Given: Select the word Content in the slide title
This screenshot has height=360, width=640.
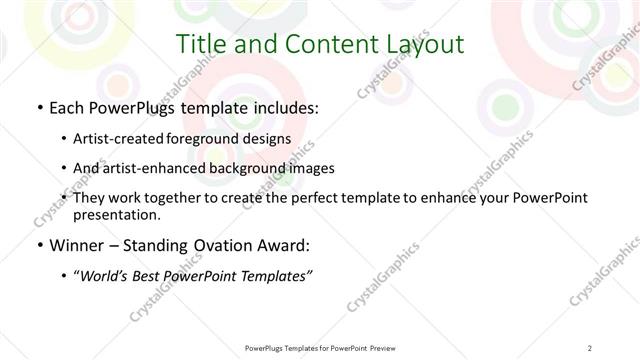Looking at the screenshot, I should (315, 44).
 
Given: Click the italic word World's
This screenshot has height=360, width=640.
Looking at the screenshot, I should (106, 276).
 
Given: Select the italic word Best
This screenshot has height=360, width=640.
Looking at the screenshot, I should (153, 276).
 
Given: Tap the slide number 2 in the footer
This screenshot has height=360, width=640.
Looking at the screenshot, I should (590, 348).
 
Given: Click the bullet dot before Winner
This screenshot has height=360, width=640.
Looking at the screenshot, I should (39, 246).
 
